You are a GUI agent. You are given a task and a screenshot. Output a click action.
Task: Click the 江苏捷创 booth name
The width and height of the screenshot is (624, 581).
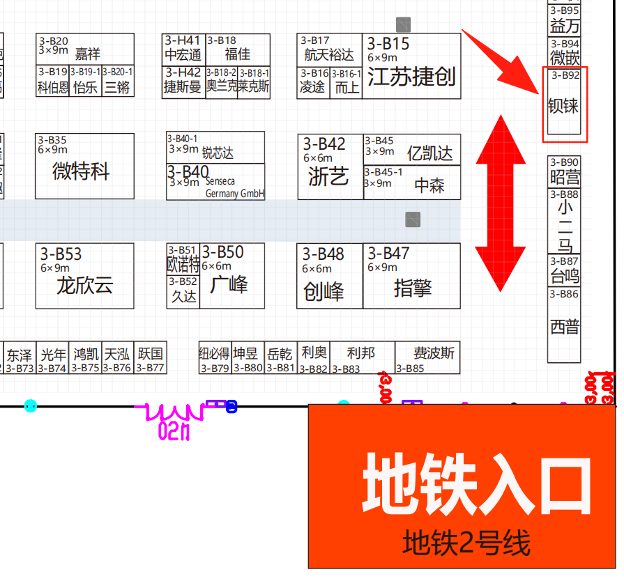(411, 77)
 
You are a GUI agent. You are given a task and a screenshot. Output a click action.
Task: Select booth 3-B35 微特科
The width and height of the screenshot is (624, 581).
(81, 171)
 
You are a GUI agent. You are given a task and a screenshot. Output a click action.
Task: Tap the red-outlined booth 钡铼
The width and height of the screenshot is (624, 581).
(563, 106)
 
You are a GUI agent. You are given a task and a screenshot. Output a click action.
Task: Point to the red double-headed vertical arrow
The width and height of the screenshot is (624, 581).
(500, 203)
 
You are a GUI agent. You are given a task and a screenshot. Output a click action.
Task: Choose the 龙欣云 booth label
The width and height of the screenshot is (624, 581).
(84, 285)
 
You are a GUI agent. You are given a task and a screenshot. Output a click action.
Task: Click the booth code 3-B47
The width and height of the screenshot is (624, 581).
(388, 253)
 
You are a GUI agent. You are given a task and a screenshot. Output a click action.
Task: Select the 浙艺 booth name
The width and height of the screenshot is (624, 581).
(328, 176)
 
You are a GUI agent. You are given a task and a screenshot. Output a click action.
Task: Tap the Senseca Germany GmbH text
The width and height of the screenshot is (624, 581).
(235, 187)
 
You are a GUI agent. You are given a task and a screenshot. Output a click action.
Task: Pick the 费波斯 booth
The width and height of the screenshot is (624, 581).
(433, 353)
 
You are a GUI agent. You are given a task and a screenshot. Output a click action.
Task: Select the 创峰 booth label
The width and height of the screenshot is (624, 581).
(324, 291)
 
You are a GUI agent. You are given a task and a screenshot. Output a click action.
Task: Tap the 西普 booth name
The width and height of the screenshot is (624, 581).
(564, 326)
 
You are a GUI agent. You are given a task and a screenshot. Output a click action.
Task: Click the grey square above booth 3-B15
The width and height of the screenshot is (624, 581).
(403, 24)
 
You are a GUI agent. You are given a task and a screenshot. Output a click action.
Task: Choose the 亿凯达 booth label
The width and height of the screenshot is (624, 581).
(429, 153)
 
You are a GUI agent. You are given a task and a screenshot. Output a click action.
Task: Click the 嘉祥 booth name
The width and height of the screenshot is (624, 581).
(88, 54)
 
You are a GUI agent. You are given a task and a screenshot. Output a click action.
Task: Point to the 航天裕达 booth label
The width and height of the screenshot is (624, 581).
(329, 54)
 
